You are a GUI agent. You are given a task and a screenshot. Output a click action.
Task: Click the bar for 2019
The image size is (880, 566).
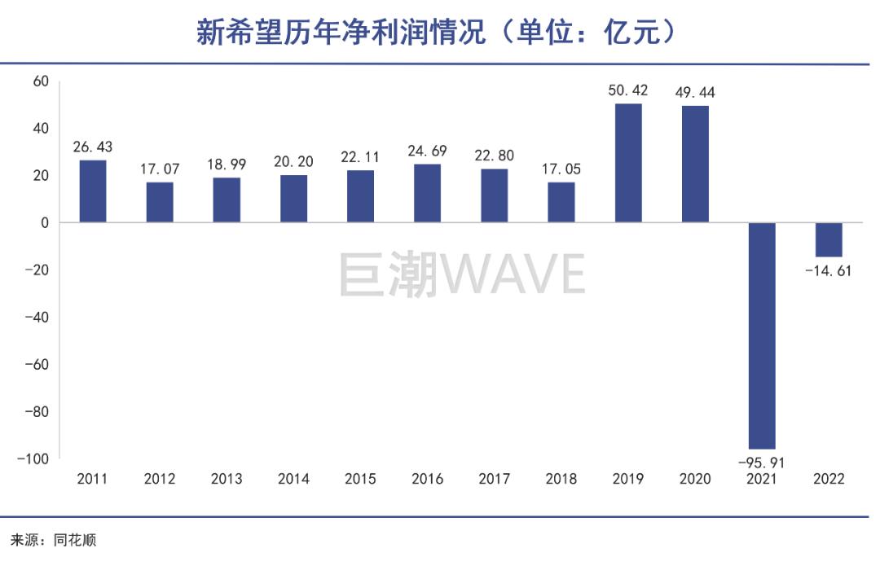point(628,163)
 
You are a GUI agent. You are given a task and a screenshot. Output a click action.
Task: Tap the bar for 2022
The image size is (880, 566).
point(829,239)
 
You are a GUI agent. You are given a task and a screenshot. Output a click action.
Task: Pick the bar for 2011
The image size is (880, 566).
point(93,191)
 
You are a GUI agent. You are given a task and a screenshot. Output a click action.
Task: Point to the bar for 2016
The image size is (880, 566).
point(427,194)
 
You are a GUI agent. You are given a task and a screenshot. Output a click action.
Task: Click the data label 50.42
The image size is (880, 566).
point(628,90)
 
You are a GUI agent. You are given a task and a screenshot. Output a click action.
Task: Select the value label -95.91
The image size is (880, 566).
point(762,463)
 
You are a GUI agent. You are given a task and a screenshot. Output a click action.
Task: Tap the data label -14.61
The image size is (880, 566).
point(828,270)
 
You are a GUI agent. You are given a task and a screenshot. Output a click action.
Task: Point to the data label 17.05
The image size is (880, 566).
point(561,169)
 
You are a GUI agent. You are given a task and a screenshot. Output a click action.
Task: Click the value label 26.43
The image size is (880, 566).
point(93,147)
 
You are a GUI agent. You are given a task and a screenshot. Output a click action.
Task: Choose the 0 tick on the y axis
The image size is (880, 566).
point(45,222)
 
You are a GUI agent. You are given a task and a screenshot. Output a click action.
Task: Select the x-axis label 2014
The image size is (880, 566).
point(293,479)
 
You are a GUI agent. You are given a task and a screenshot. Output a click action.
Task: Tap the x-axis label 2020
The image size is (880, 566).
point(695,479)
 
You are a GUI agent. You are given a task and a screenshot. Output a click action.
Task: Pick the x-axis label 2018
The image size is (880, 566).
point(561,479)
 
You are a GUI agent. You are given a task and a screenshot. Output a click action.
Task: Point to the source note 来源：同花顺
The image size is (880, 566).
point(54,540)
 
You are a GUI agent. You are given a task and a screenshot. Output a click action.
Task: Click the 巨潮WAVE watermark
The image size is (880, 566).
point(461,275)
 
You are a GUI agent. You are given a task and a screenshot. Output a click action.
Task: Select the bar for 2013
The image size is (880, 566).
point(227,200)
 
